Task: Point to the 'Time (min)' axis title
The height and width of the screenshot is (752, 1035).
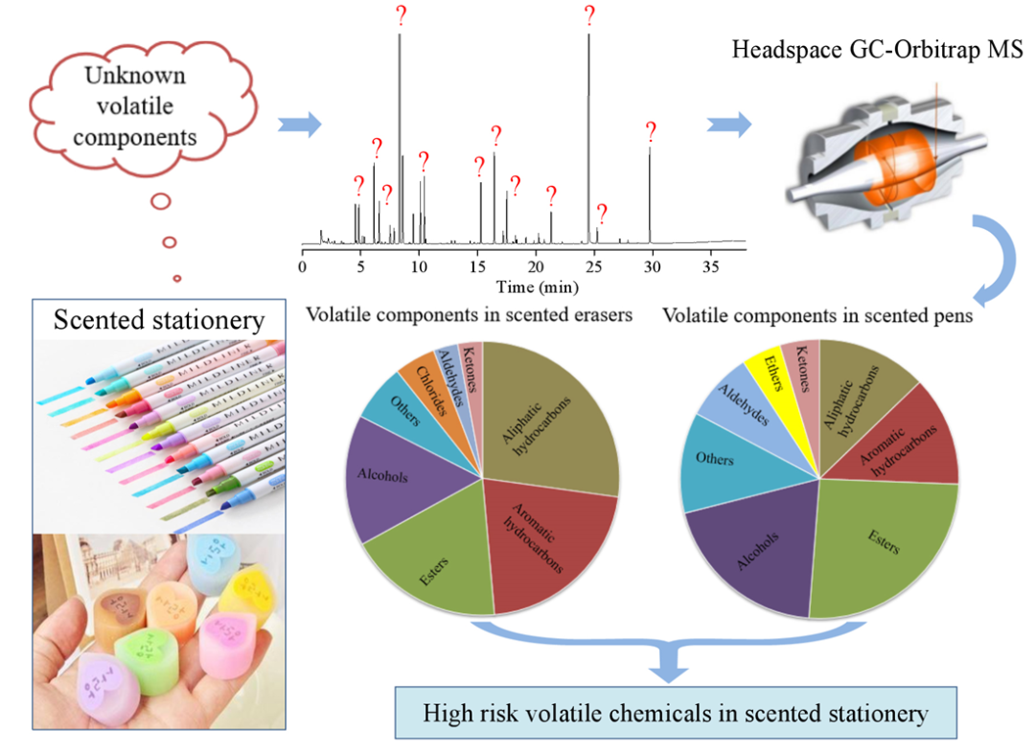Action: (537, 285)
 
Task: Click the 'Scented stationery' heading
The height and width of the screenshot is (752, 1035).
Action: (159, 319)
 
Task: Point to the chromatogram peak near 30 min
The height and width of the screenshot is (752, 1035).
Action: (650, 192)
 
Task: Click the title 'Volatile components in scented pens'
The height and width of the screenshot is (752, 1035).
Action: (817, 316)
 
